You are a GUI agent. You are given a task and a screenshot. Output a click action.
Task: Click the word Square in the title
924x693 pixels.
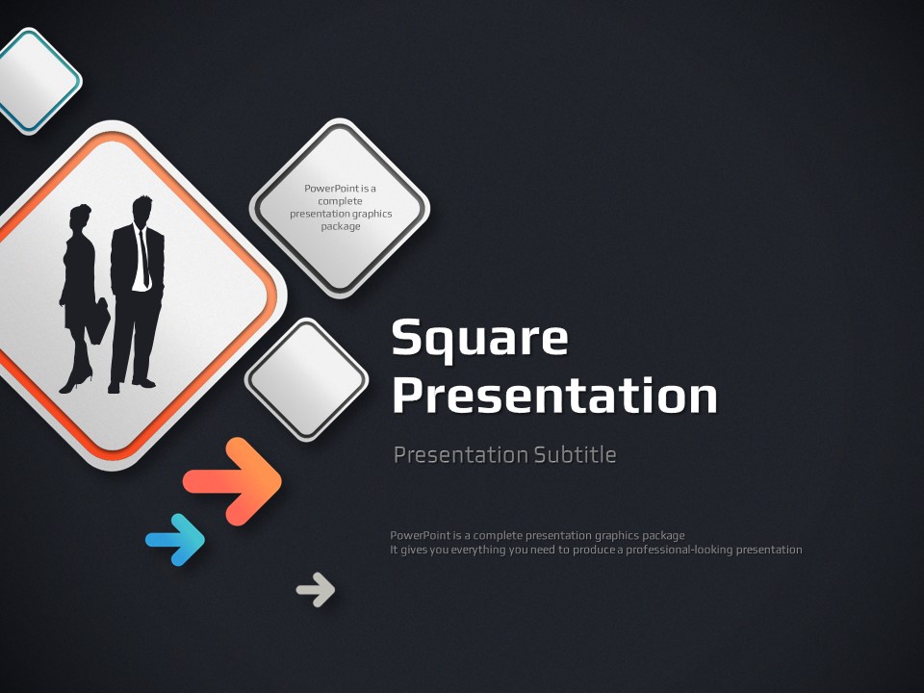click(x=479, y=339)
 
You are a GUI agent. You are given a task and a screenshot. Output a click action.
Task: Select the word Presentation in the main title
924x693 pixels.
click(x=554, y=395)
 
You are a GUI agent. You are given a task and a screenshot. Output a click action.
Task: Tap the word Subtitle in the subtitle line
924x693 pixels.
click(x=576, y=455)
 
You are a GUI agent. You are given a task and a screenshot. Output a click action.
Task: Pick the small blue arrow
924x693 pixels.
click(x=175, y=540)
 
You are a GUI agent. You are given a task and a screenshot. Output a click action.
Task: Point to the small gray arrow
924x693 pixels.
click(x=316, y=589)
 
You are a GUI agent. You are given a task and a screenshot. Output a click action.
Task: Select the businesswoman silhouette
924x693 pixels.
click(x=80, y=298)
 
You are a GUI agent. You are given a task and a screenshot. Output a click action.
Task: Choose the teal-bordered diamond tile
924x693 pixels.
click(x=36, y=81)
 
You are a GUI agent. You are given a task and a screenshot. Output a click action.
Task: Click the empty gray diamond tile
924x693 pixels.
click(x=306, y=380)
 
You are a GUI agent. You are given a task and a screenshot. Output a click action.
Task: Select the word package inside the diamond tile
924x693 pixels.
click(x=341, y=226)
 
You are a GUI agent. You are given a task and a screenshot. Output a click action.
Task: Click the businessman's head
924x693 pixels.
click(x=141, y=209)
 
